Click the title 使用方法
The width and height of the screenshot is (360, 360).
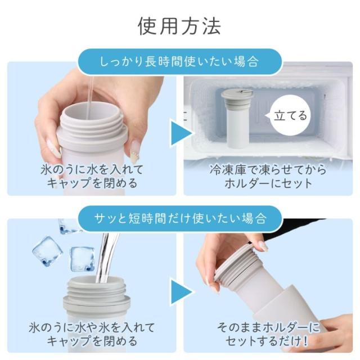(179, 26)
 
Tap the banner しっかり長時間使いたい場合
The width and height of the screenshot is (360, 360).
(179, 61)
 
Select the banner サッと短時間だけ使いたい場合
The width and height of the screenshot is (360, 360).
(179, 218)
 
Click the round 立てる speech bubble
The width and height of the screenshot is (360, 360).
(290, 115)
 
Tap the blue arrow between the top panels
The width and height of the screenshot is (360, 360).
(181, 133)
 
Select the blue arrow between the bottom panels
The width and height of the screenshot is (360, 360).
(181, 291)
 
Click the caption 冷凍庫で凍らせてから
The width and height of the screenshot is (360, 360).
(268, 170)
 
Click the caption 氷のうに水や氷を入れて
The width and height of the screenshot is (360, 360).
(92, 327)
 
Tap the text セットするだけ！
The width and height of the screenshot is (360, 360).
(267, 341)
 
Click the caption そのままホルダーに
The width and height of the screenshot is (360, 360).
(268, 327)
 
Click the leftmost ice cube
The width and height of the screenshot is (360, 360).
(48, 251)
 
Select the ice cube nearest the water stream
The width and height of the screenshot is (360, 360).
(82, 259)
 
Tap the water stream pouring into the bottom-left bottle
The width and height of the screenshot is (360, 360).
(107, 258)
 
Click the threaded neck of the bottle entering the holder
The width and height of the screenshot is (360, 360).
(236, 264)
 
